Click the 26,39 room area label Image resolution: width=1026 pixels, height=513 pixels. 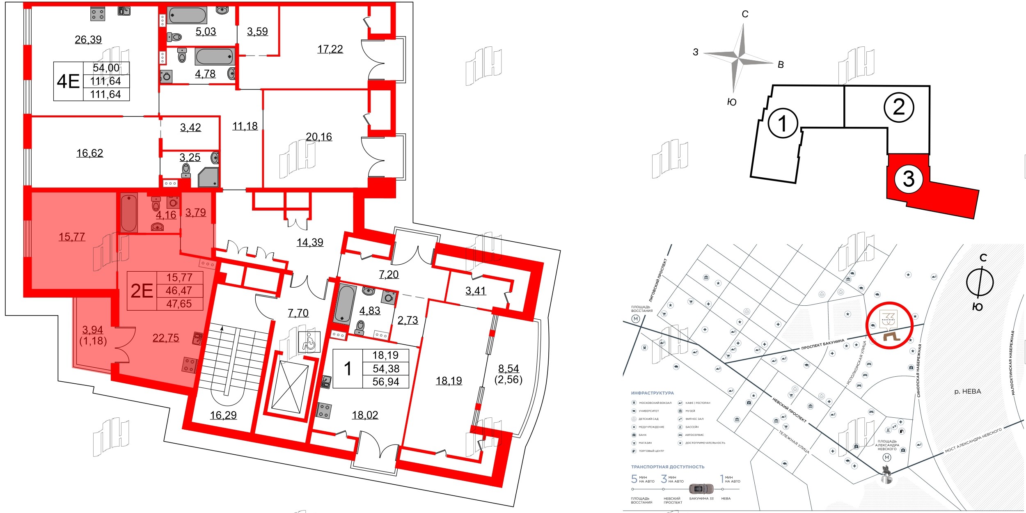coord(88,39)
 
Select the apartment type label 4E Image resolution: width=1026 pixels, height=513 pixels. coord(68,81)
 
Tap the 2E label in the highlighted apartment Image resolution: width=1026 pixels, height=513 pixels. coord(142,291)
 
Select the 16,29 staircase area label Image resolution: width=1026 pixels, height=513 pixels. coord(223,415)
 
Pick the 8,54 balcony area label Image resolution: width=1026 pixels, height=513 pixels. coord(508,369)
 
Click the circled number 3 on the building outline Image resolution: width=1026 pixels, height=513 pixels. coord(909,179)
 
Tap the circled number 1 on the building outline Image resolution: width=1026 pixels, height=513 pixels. coord(783,124)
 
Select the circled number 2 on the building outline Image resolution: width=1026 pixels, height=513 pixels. coord(898,108)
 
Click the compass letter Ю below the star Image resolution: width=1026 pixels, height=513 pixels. coord(732,102)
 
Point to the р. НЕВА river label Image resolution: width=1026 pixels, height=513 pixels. coord(967,392)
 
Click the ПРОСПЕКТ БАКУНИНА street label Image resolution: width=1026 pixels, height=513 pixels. coord(822,344)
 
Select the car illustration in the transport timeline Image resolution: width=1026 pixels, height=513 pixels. coord(701,489)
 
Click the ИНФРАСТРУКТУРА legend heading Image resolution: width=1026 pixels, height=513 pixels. coord(652,393)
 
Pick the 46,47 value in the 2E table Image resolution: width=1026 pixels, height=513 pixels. coord(179,291)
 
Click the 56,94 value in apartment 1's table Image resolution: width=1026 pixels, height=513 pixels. coord(385,382)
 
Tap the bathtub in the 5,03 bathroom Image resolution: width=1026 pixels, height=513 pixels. coord(187,16)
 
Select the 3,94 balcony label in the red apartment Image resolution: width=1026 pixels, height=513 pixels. coord(92,330)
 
